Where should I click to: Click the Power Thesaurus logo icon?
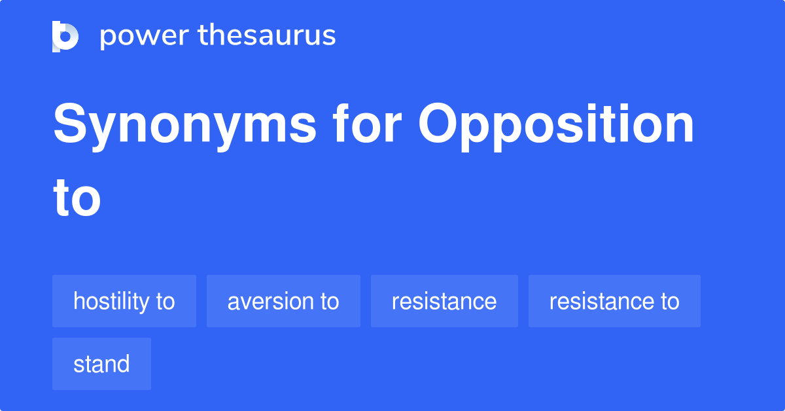(65, 37)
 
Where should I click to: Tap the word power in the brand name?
(145, 36)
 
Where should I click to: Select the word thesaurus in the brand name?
(267, 35)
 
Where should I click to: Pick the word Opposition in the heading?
(556, 126)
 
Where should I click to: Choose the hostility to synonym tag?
(124, 301)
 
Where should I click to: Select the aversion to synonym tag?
(283, 301)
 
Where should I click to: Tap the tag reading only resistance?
(444, 301)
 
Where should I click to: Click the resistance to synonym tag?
(614, 301)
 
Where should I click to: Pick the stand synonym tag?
(101, 364)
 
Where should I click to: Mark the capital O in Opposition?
(439, 123)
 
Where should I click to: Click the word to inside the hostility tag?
(166, 301)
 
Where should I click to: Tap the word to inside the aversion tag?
(330, 301)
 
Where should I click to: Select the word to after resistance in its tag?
(670, 301)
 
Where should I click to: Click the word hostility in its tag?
(111, 302)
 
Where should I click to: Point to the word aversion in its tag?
(271, 302)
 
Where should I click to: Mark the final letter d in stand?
(124, 365)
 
